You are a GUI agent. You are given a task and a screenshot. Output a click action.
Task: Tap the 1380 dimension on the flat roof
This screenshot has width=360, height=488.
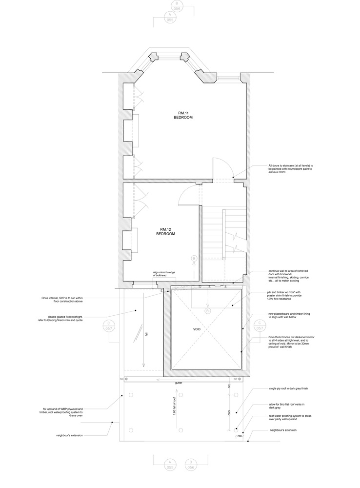tap(230, 412)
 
